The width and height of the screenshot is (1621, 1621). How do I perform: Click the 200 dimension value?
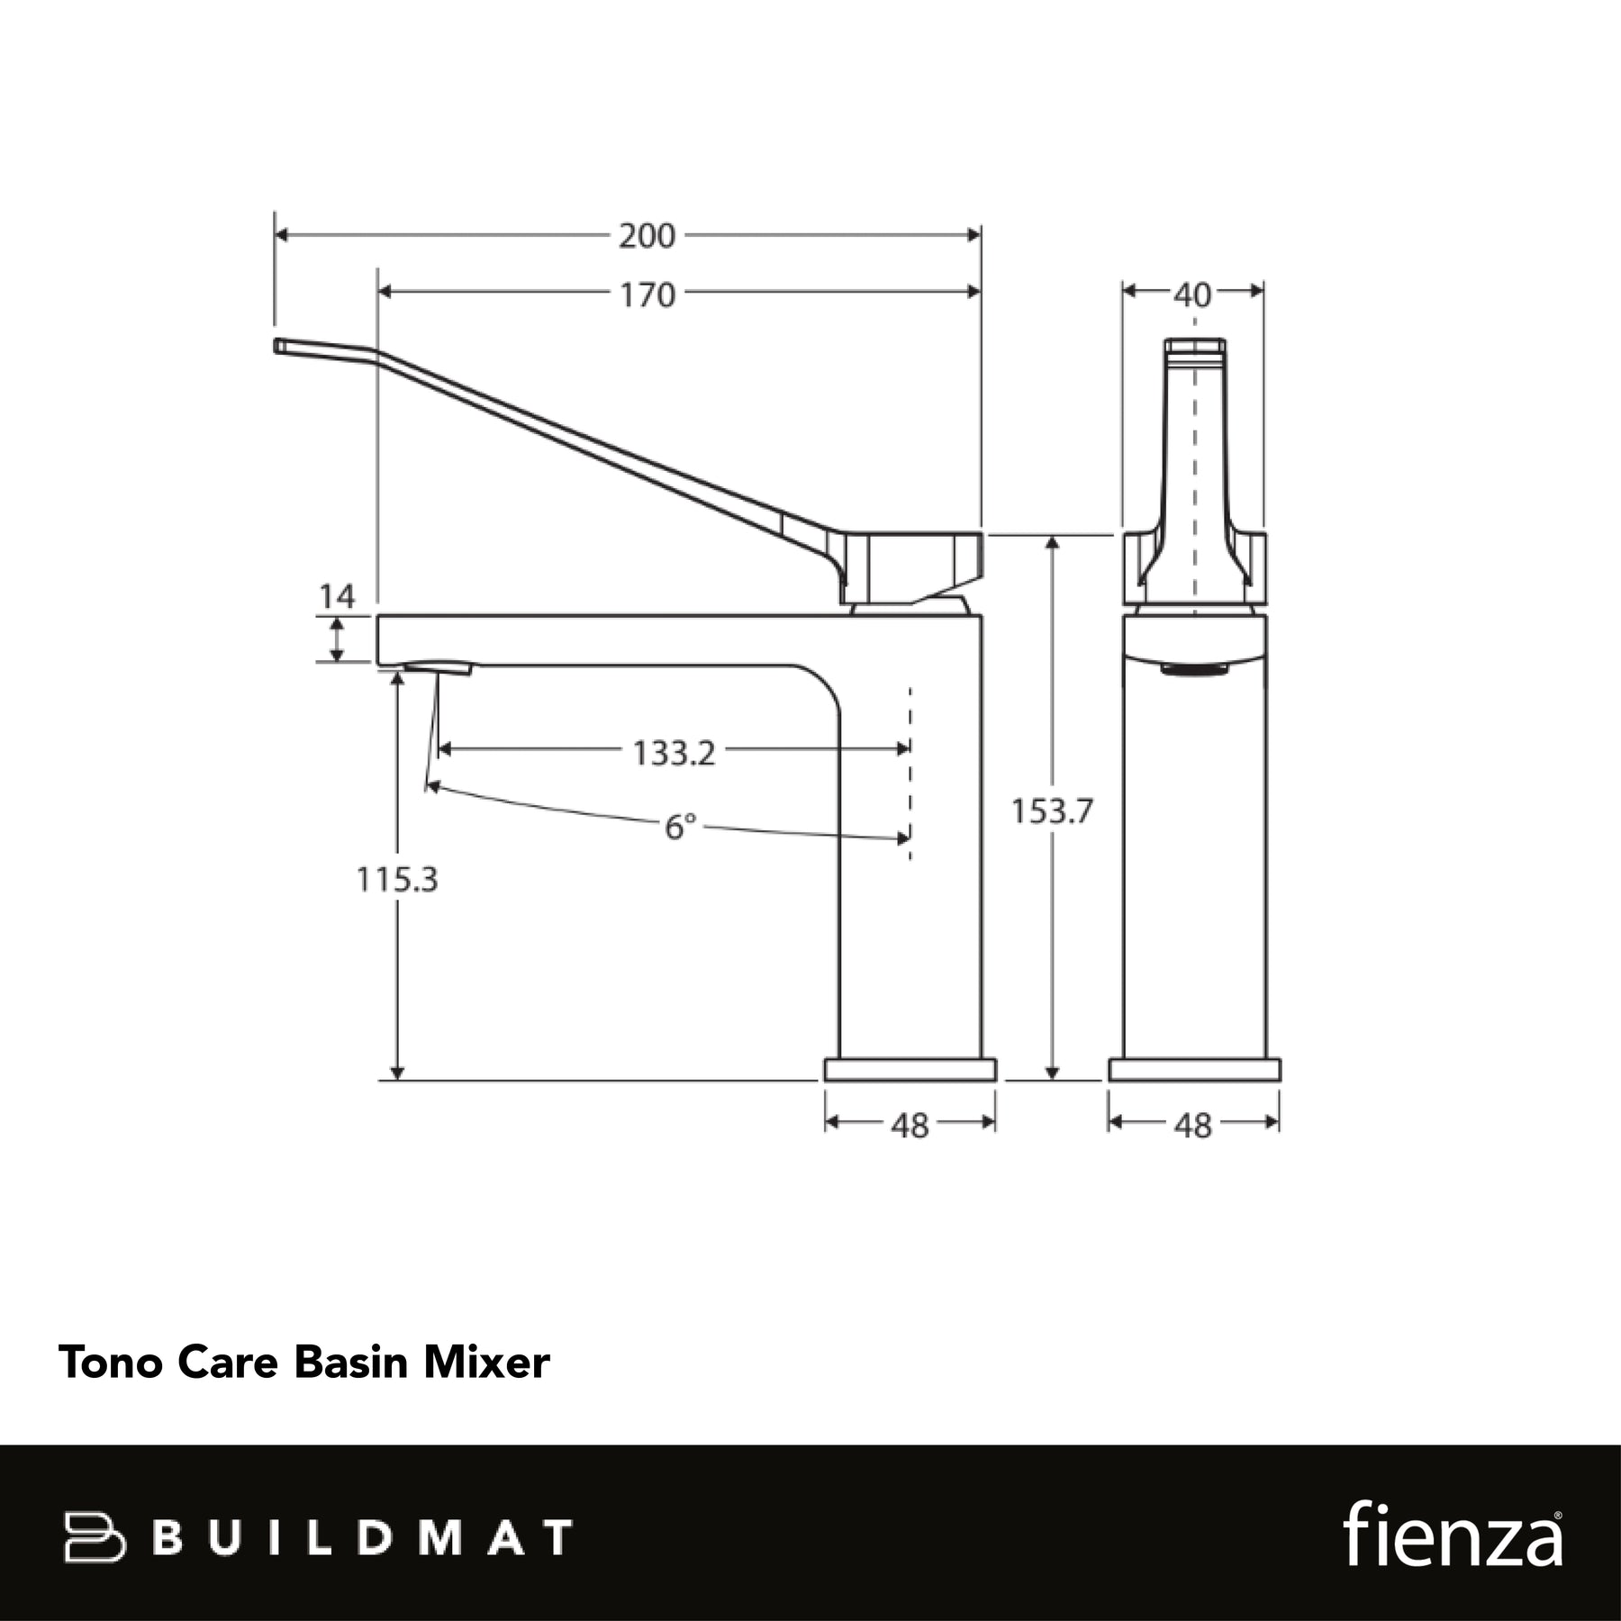pos(647,236)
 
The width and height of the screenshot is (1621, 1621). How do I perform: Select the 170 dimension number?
pos(647,294)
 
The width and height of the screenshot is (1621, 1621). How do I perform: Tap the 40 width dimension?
pos(1192,294)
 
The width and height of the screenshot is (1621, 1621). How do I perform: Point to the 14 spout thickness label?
pos(337,596)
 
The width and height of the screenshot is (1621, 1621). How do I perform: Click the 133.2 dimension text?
pos(674,753)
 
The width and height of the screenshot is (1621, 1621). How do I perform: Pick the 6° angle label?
pos(680,827)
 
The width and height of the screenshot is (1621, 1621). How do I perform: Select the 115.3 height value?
pos(397,879)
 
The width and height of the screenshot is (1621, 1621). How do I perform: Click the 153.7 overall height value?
pos(1051,811)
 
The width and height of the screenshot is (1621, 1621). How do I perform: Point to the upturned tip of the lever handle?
pos(277,346)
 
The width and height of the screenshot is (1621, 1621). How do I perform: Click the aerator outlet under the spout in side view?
pos(1194,669)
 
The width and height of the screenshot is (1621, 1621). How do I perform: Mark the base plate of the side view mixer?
pos(1194,1070)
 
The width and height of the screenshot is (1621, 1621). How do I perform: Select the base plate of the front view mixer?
pos(910,1070)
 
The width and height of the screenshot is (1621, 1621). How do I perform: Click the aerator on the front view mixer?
pos(438,668)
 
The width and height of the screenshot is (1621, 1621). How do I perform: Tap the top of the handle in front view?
pos(1194,346)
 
